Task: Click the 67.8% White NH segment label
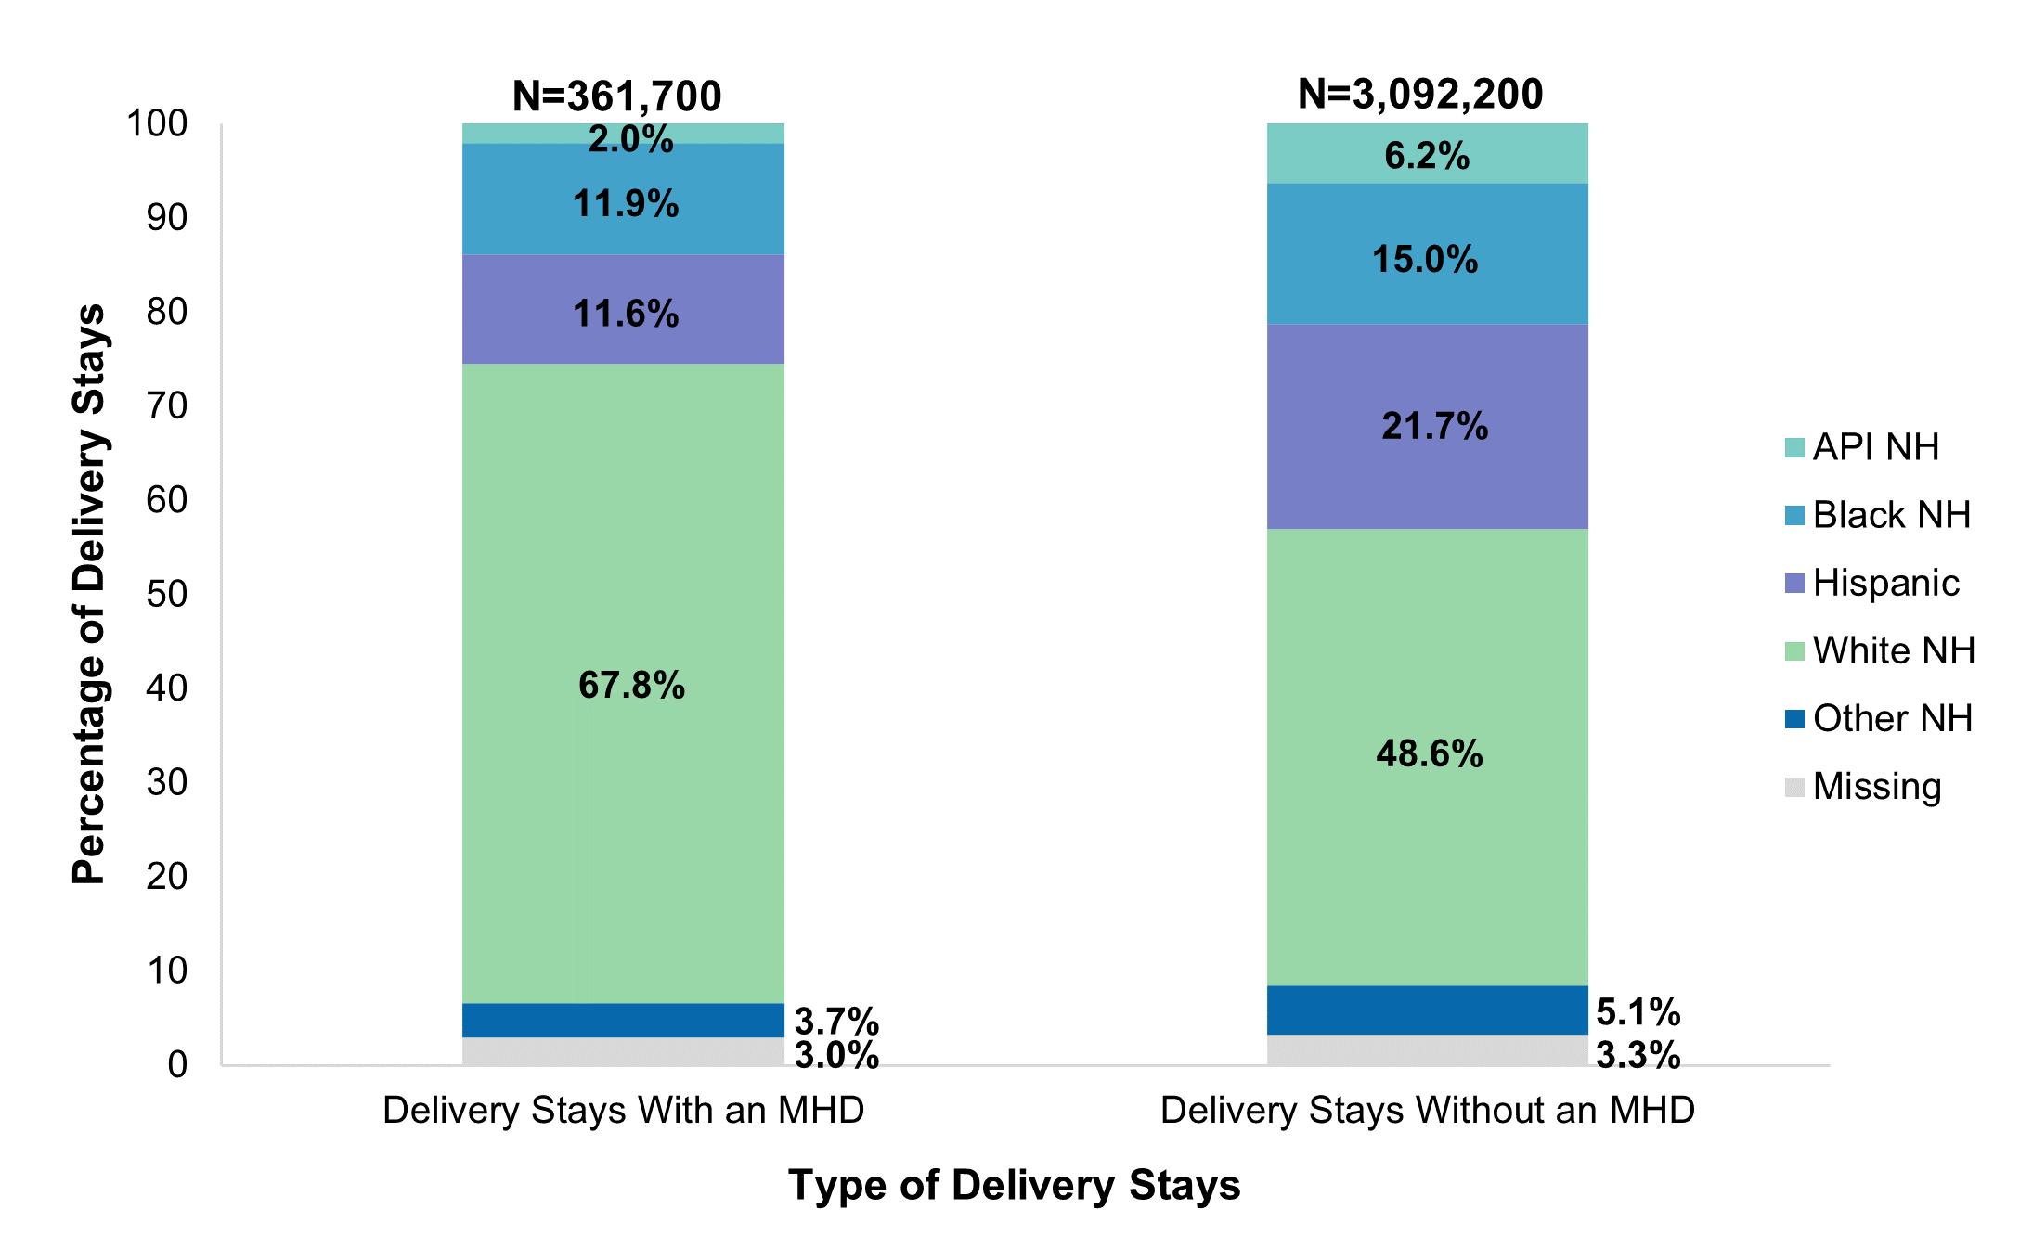point(631,686)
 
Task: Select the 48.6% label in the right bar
point(1429,753)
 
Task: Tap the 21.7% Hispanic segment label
point(1434,426)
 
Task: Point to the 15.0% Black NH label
point(1425,259)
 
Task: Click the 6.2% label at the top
point(1427,156)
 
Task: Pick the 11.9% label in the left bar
point(626,204)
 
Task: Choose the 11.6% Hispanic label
point(626,314)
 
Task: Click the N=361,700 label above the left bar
point(616,96)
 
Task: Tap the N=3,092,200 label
point(1420,94)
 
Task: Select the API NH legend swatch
point(1794,448)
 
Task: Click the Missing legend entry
point(1876,787)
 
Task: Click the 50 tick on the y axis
point(167,594)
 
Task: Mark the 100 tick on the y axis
point(157,123)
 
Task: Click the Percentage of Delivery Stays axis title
point(89,594)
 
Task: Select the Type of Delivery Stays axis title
point(1014,1186)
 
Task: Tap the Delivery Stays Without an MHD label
point(1427,1111)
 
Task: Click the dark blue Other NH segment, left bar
point(623,1021)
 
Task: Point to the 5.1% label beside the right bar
point(1638,1012)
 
